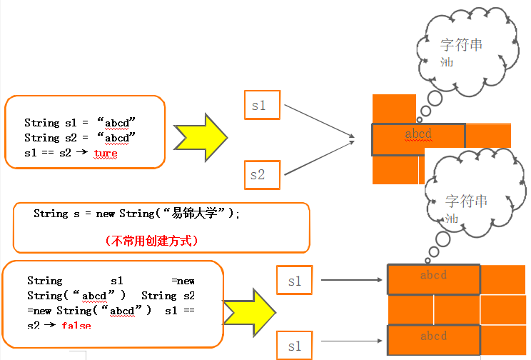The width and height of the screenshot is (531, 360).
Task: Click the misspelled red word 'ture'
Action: pyautogui.click(x=106, y=153)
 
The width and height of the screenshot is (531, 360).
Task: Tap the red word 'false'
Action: pyautogui.click(x=76, y=325)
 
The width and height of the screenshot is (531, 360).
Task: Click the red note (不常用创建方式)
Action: pyautogui.click(x=151, y=241)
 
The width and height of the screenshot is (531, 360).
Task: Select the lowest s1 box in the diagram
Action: pyautogui.click(x=294, y=346)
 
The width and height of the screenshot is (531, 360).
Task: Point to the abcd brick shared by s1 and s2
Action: pyautogui.click(x=418, y=135)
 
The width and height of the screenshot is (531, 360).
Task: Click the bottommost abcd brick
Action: pyautogui.click(x=433, y=336)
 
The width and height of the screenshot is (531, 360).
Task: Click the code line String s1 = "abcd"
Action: pyautogui.click(x=80, y=122)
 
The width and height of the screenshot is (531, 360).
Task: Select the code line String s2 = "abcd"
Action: pyautogui.click(x=80, y=137)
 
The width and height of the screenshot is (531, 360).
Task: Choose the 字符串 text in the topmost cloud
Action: pyautogui.click(x=461, y=45)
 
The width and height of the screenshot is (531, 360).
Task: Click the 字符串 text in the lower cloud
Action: pyautogui.click(x=466, y=202)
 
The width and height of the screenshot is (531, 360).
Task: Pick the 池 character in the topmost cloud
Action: pyautogui.click(x=447, y=62)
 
